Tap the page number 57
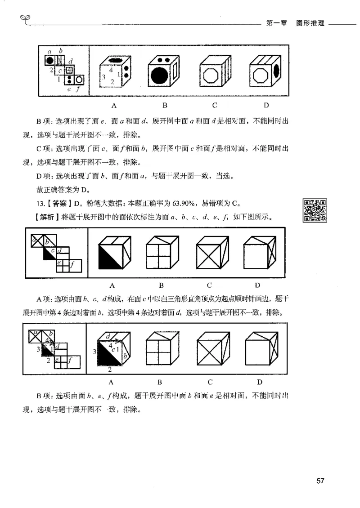(320, 481)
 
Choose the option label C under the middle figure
(210, 285)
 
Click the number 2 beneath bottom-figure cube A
(110, 370)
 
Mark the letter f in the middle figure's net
(72, 265)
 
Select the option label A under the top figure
(114, 106)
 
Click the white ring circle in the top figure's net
(79, 80)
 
